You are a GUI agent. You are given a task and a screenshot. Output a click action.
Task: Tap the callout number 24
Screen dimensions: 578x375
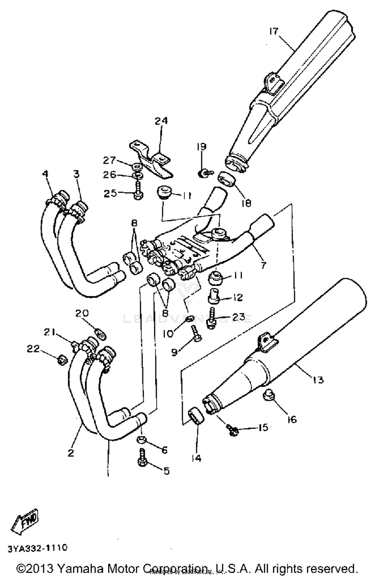coord(161,121)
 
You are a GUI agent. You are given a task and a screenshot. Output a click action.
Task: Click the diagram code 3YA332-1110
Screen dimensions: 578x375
coord(38,548)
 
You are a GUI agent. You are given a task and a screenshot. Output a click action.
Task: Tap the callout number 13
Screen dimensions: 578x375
coord(318,380)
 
